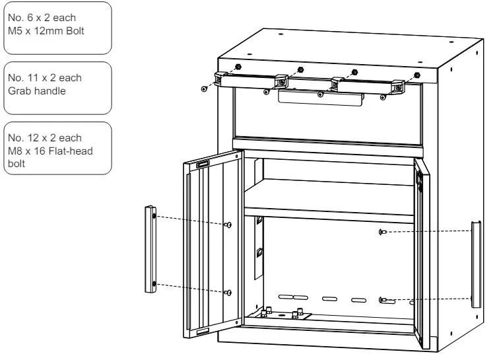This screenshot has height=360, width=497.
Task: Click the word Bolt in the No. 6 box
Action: tap(75, 31)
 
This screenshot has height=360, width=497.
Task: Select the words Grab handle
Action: tap(37, 90)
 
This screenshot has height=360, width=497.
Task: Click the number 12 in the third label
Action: tap(33, 137)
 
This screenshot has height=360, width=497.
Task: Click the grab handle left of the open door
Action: tap(150, 249)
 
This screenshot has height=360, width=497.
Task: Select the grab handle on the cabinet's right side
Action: tap(476, 264)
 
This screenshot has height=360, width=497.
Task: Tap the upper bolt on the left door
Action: tap(228, 225)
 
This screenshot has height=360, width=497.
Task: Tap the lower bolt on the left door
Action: tap(228, 293)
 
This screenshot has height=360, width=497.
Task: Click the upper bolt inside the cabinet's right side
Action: tap(383, 232)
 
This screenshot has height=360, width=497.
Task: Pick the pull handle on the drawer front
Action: tap(321, 97)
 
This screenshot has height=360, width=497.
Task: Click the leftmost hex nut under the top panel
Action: tap(238, 67)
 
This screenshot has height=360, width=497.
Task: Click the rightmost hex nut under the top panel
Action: tap(417, 75)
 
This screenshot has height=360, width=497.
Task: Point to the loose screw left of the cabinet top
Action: tap(204, 89)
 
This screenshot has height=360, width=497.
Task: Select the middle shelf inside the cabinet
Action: tap(329, 200)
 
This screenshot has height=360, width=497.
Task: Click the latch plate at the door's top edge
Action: tap(203, 164)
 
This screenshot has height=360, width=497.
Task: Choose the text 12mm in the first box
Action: tap(49, 31)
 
